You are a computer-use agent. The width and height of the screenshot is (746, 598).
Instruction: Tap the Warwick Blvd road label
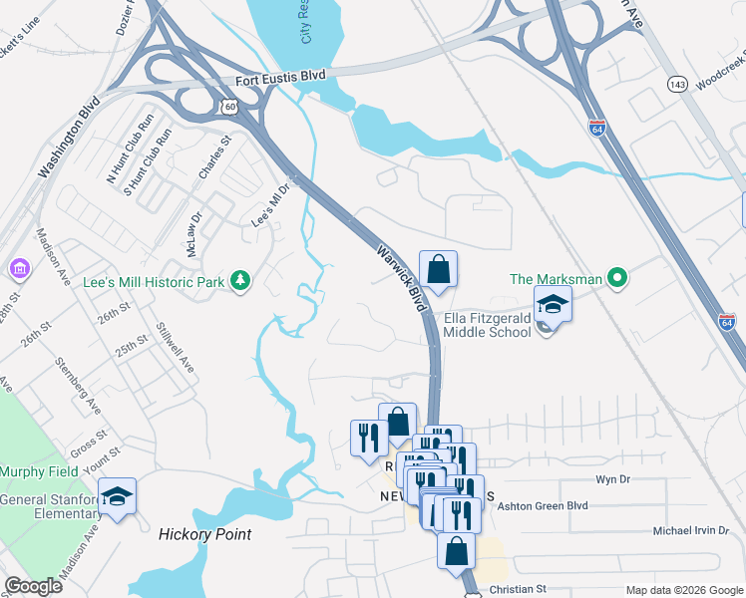coord(397,274)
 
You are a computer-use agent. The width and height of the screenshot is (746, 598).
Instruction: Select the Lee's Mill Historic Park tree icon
coord(239,282)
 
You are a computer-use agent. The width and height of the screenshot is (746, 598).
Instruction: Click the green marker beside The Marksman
coord(618,279)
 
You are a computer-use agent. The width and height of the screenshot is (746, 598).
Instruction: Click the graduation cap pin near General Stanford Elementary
coord(118,495)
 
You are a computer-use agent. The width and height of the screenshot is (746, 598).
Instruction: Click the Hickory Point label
coord(204,534)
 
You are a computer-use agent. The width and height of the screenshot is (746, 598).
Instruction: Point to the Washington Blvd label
coord(70,138)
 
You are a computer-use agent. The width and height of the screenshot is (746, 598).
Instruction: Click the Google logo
coord(33,586)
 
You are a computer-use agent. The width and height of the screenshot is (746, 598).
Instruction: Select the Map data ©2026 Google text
coord(683,590)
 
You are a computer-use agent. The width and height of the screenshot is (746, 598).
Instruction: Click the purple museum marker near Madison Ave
coord(18,269)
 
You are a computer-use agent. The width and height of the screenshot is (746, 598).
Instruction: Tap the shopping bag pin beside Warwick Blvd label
coord(438,268)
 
